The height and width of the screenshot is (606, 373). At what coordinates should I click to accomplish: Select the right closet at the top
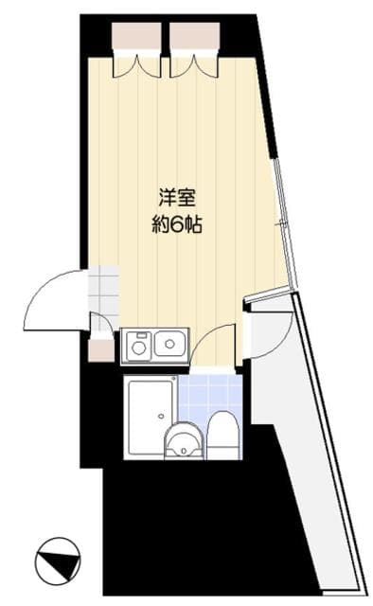tap(194, 36)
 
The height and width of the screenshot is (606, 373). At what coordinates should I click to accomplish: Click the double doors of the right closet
tap(194, 64)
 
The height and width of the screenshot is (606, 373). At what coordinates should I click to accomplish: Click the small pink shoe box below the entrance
tap(101, 349)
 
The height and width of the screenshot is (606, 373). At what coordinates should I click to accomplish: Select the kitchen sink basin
tap(170, 343)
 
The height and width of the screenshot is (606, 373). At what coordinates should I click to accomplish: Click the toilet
tap(224, 434)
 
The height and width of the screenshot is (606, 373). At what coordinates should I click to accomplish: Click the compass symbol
tap(57, 559)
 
